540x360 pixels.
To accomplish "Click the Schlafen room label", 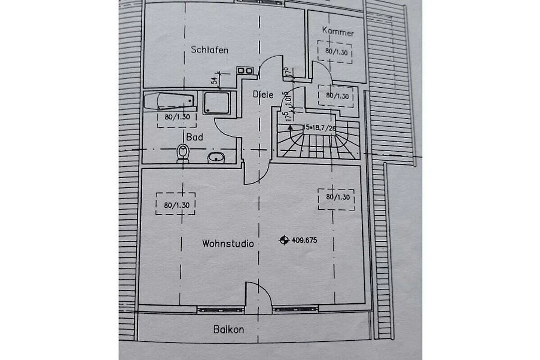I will pyautogui.click(x=209, y=49).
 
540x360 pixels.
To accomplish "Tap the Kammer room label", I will pyautogui.click(x=338, y=32).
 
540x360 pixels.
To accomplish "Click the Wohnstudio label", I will pyautogui.click(x=228, y=243).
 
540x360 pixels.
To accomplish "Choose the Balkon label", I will pyautogui.click(x=229, y=329).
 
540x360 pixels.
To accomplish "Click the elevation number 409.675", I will pyautogui.click(x=305, y=240).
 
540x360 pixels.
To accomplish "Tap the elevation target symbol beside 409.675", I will pyautogui.click(x=283, y=240).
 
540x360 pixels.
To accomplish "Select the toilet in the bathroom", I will pyautogui.click(x=183, y=153).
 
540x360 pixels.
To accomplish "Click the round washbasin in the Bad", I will pyautogui.click(x=216, y=157).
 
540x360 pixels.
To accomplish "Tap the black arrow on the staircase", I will pyautogui.click(x=291, y=128).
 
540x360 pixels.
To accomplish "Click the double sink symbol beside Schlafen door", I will pyautogui.click(x=246, y=70).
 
